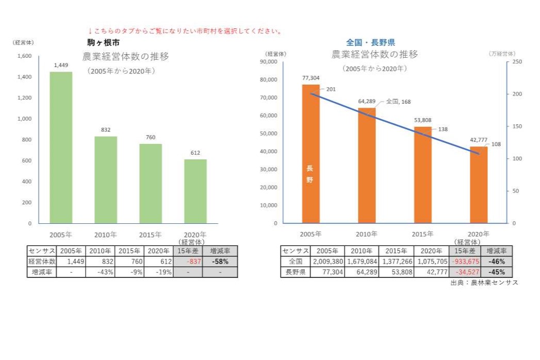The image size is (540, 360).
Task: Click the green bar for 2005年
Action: [x=61, y=148]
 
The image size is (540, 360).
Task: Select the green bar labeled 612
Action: [x=195, y=191]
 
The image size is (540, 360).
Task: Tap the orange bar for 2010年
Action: [x=367, y=166]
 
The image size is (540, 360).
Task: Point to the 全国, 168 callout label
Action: [x=398, y=102]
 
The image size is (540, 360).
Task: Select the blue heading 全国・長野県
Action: [x=370, y=42]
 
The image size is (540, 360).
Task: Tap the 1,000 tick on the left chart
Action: [x=25, y=119]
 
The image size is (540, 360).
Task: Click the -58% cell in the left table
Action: [x=220, y=261]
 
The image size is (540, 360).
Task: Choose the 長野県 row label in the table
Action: [x=295, y=272]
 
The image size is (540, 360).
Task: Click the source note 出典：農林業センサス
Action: [x=484, y=283]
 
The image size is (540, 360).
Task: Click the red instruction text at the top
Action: [x=185, y=31]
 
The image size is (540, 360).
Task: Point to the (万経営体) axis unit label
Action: [x=501, y=53]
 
